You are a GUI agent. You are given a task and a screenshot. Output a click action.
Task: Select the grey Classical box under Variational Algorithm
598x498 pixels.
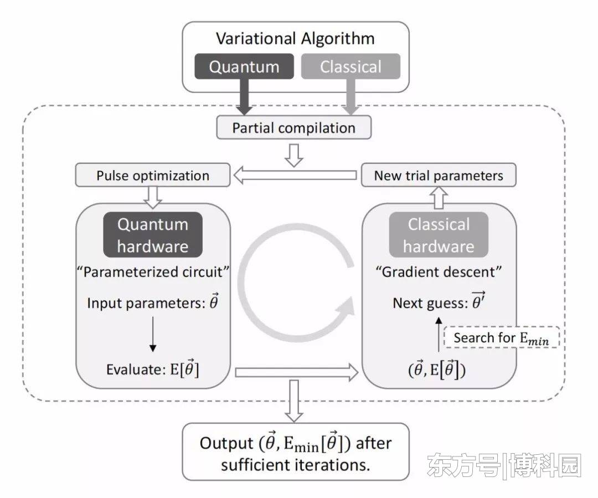350,67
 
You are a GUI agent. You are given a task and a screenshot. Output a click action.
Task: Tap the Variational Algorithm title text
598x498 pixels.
295,38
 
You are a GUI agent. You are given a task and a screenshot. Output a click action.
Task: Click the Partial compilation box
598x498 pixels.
293,128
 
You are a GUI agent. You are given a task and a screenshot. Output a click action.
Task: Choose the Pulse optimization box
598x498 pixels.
153,176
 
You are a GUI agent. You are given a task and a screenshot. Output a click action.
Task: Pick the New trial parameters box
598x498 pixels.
439,176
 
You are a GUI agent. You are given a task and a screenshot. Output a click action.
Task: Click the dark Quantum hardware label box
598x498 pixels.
153,235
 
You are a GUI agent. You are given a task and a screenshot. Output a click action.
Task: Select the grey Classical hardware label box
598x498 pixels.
439,235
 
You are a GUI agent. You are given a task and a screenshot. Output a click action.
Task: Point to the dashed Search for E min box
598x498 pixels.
502,338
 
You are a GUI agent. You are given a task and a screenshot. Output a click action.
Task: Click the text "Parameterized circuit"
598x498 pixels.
153,272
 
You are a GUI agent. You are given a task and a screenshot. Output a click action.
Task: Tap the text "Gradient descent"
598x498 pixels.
439,272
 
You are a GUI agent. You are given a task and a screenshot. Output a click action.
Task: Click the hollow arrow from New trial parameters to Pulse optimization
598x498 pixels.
293,176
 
